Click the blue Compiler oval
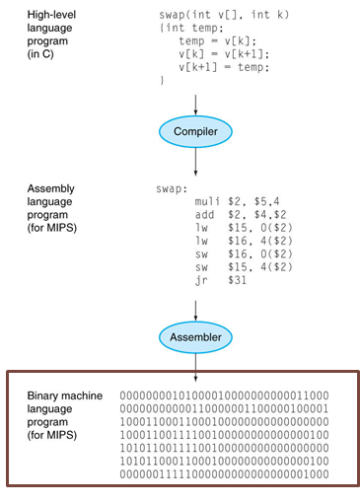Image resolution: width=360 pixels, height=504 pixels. [196, 129]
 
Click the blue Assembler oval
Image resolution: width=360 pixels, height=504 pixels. [196, 337]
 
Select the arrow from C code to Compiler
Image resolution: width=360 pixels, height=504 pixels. [196, 101]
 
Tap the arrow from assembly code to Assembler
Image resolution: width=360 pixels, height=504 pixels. [196, 306]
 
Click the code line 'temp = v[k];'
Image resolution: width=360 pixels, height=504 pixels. [208, 42]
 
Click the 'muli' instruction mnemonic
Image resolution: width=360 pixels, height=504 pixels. [208, 201]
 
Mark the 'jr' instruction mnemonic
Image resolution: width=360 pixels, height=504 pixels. [202, 280]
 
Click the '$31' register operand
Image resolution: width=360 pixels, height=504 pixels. [237, 280]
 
